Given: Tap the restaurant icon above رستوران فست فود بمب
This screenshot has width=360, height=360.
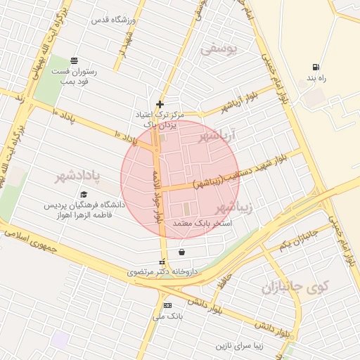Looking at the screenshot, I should pyautogui.click(x=74, y=60).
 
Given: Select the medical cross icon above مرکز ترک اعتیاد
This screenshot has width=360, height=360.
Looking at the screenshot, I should pyautogui.click(x=160, y=104).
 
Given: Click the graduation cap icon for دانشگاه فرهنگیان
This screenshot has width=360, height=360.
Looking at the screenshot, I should pyautogui.click(x=84, y=195).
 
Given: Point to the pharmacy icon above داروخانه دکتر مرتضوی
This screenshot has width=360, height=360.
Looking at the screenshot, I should pyautogui.click(x=162, y=262).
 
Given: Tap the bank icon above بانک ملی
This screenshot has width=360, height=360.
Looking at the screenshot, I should pyautogui.click(x=167, y=305).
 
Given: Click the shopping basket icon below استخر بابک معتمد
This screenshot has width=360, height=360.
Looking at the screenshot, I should pyautogui.click(x=182, y=252).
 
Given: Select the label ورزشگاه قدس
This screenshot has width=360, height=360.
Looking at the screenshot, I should pyautogui.click(x=112, y=20).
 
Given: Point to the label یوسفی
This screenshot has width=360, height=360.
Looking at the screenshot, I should pyautogui.click(x=219, y=49).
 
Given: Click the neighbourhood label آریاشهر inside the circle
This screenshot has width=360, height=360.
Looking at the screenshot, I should pyautogui.click(x=219, y=135).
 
